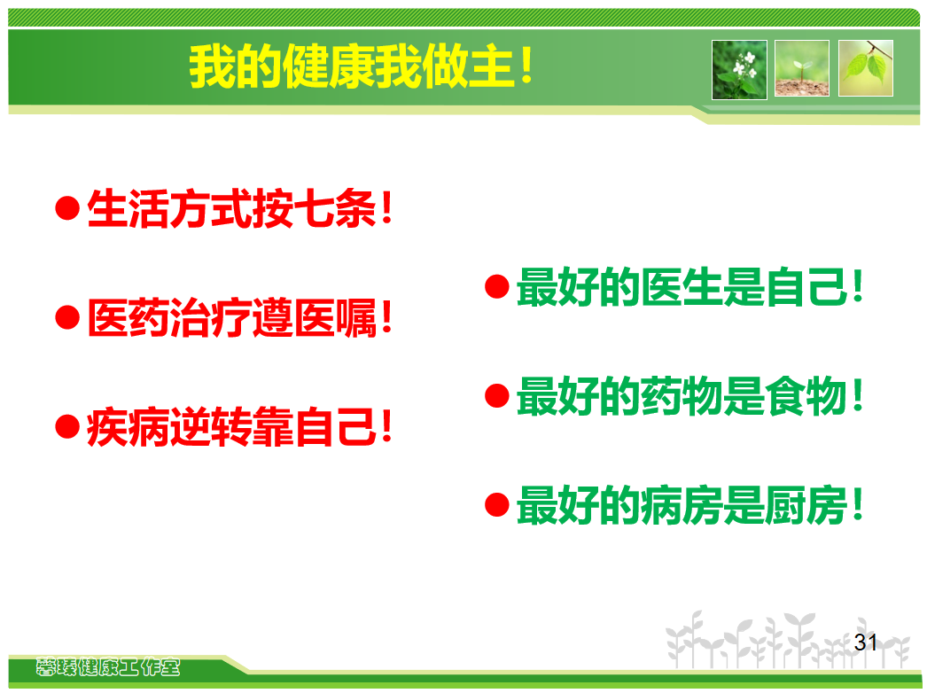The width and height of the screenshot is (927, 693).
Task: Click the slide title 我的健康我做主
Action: tap(362, 66)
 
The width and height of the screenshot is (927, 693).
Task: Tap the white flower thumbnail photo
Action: tap(739, 70)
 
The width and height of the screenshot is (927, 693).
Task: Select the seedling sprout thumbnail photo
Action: tap(802, 68)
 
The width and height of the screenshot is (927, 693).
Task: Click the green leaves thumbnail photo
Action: tap(866, 68)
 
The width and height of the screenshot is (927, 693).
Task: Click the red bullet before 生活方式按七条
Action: tap(67, 208)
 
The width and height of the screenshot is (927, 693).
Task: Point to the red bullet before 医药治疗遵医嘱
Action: tap(67, 317)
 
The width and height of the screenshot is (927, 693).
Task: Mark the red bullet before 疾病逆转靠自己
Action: tap(67, 427)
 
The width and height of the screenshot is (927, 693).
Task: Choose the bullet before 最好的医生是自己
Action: tap(497, 287)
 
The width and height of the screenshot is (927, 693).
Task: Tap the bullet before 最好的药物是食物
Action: tap(497, 396)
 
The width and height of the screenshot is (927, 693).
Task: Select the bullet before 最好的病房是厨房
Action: tap(497, 505)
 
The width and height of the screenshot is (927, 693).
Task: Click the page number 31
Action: tap(866, 642)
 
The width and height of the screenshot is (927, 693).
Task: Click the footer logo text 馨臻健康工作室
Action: tap(107, 667)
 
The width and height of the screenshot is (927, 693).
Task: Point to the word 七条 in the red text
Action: tap(335, 209)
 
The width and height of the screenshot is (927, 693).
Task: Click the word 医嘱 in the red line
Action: tap(335, 318)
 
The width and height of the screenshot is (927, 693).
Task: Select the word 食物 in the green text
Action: tap(806, 396)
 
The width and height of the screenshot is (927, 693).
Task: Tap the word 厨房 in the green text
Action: tap(806, 505)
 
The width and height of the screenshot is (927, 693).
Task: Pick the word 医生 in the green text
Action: tap(682, 287)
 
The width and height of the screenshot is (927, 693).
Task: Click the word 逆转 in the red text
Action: tap(211, 427)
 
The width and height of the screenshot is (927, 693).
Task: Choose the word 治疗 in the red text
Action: tap(211, 318)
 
